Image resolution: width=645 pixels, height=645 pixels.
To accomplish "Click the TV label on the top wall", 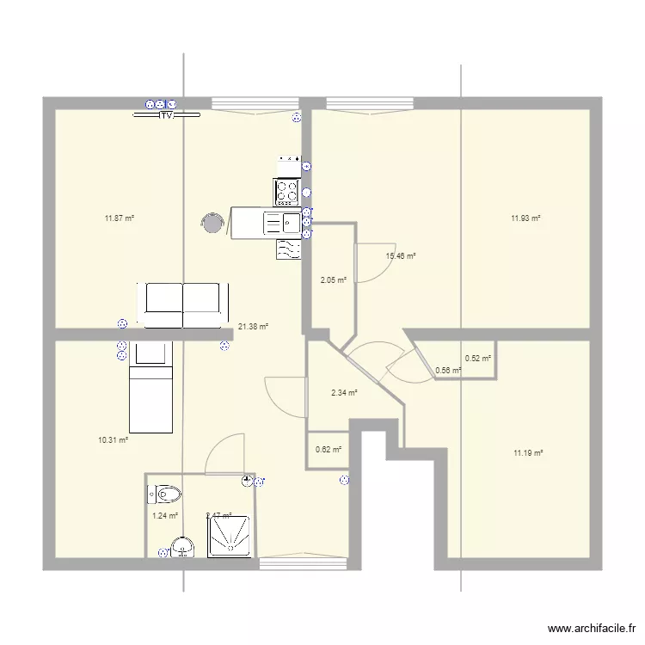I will [x=167, y=114].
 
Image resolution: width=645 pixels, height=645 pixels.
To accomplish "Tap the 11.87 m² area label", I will [x=120, y=218].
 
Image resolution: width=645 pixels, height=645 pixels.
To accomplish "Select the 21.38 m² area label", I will [x=253, y=326].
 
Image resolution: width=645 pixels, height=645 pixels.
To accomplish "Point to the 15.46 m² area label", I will [x=401, y=256].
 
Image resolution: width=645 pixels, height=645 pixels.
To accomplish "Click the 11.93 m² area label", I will [x=525, y=218].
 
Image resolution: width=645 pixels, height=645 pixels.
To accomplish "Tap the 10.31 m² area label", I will [x=113, y=439].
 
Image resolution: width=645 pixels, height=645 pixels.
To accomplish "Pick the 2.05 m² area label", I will [x=333, y=279].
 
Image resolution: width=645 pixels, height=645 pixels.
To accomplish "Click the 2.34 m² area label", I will [x=343, y=393].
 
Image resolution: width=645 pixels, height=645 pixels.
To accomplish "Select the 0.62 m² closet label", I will [x=329, y=449].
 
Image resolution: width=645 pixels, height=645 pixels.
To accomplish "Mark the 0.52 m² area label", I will [x=478, y=359].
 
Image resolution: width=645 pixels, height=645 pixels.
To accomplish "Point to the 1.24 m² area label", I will [x=164, y=516].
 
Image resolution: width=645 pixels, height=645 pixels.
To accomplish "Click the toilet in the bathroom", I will [x=167, y=494].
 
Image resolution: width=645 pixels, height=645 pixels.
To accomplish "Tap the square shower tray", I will [x=227, y=537].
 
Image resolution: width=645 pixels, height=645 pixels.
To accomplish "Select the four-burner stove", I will [x=286, y=190].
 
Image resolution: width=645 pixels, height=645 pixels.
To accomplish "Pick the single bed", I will [x=150, y=387].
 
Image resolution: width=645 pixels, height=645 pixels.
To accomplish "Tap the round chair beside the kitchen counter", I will [x=212, y=224].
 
